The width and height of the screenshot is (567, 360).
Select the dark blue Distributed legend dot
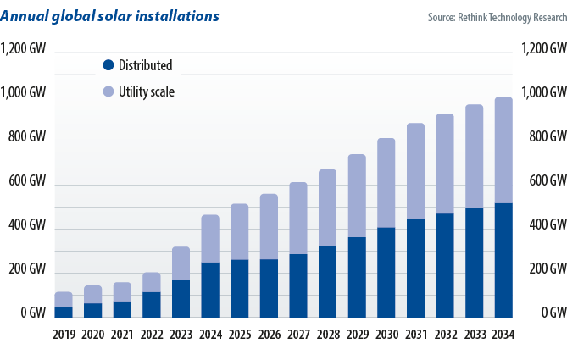click(108, 65)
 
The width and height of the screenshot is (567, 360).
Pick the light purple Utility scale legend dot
click(108, 91)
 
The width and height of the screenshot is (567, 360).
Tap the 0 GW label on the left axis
click(34, 313)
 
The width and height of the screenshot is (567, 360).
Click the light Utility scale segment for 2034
click(503, 150)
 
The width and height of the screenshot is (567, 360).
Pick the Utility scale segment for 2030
click(386, 183)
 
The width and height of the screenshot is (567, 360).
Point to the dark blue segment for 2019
click(64, 312)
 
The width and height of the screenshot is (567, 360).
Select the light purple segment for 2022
click(152, 282)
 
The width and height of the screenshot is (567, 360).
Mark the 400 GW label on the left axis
click(27, 225)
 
